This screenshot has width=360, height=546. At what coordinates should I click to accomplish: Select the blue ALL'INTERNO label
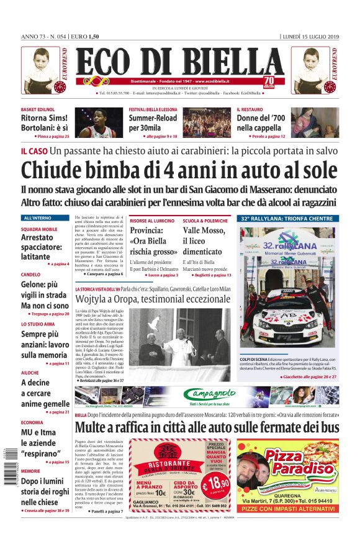coord(38,218)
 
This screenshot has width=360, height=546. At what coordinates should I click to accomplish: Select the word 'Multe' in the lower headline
coord(96,427)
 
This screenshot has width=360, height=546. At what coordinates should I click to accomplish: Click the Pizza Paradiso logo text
coord(294,463)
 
